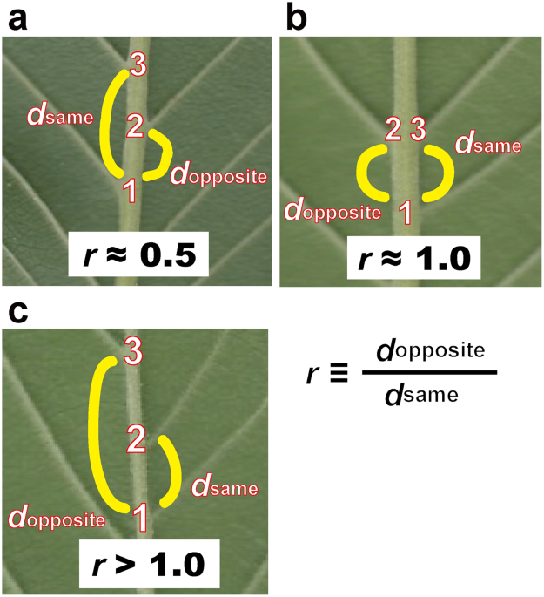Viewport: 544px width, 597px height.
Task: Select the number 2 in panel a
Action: pos(134,125)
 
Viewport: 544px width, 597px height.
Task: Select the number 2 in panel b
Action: pos(393,131)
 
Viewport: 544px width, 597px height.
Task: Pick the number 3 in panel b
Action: pos(418,131)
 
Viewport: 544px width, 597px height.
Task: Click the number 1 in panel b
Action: pos(405,209)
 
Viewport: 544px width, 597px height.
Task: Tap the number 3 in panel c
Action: pos(133,354)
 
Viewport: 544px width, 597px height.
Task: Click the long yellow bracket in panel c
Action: pos(97,431)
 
